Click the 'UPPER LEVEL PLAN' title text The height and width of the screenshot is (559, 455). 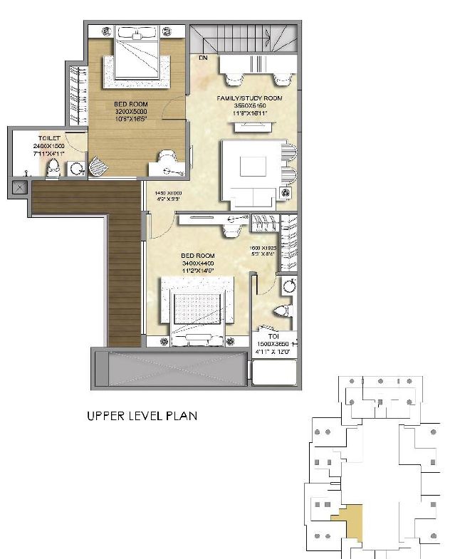point(142,415)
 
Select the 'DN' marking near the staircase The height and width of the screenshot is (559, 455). point(203,57)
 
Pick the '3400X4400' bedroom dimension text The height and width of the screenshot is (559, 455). point(197,263)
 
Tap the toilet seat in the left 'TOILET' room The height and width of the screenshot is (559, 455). point(53,168)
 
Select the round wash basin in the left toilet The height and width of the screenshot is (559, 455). point(76,168)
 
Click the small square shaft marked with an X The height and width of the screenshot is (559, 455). point(19,189)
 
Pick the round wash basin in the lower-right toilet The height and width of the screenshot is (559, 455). point(289,286)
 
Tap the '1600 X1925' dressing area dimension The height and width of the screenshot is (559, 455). point(263,249)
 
